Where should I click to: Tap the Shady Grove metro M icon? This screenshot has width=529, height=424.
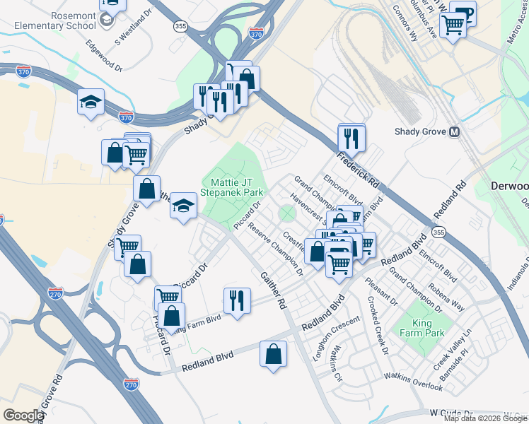point(455,132)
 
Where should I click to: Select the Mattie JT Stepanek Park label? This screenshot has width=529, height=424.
point(233,187)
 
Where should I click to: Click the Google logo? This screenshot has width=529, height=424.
point(23,416)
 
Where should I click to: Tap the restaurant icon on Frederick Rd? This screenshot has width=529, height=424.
point(351,139)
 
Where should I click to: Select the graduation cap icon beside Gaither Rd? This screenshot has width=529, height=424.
point(184,206)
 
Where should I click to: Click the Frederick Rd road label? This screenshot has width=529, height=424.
point(359,169)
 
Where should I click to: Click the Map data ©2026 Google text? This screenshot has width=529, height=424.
point(485,418)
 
